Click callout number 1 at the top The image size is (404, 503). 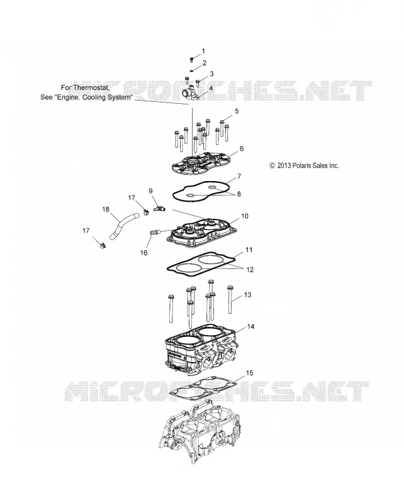coord(203,51)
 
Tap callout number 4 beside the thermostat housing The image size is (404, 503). coord(211,88)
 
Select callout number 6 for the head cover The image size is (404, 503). coord(242,148)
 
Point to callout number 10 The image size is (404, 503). coord(245,216)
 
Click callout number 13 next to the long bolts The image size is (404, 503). coord(247,295)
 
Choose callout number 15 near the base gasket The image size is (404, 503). coord(250,373)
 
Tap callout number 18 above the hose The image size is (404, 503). coord(106,209)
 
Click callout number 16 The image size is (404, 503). coord(143,253)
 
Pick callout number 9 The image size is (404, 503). coord(150,191)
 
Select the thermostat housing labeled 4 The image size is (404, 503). coord(192,93)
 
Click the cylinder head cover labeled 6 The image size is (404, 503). coord(197,166)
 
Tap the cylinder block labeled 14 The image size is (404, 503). coord(201,351)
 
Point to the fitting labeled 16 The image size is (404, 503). coord(155,231)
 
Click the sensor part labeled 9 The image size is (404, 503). coord(159,209)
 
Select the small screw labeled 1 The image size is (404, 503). coord(192,60)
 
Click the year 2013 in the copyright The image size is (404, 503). coord(284,165)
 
